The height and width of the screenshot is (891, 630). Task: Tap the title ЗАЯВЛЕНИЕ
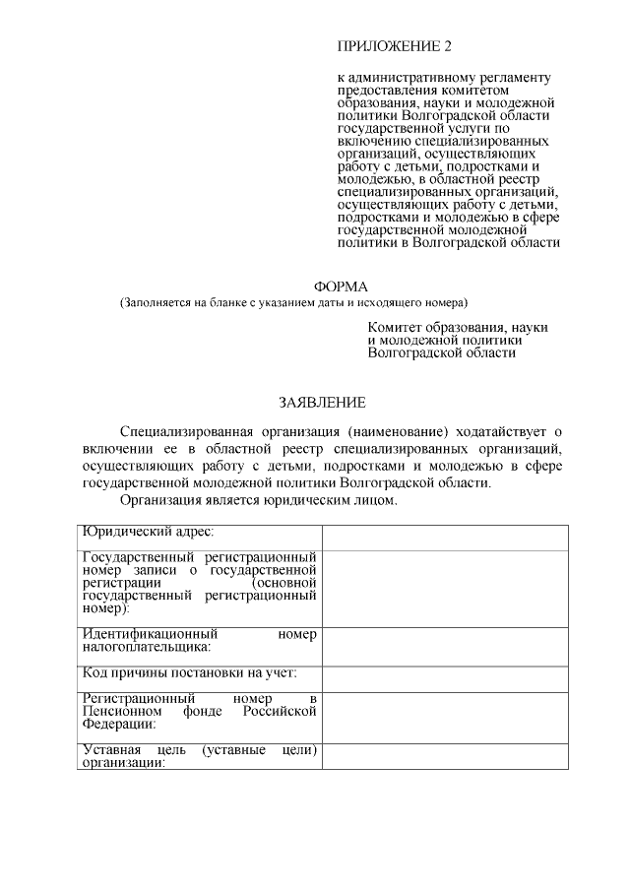pyautogui.click(x=322, y=402)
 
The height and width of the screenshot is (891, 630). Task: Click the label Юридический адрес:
pyautogui.click(x=148, y=533)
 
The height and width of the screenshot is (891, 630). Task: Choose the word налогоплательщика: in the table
pyautogui.click(x=146, y=648)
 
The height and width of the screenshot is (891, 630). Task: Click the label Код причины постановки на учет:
pyautogui.click(x=190, y=673)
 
